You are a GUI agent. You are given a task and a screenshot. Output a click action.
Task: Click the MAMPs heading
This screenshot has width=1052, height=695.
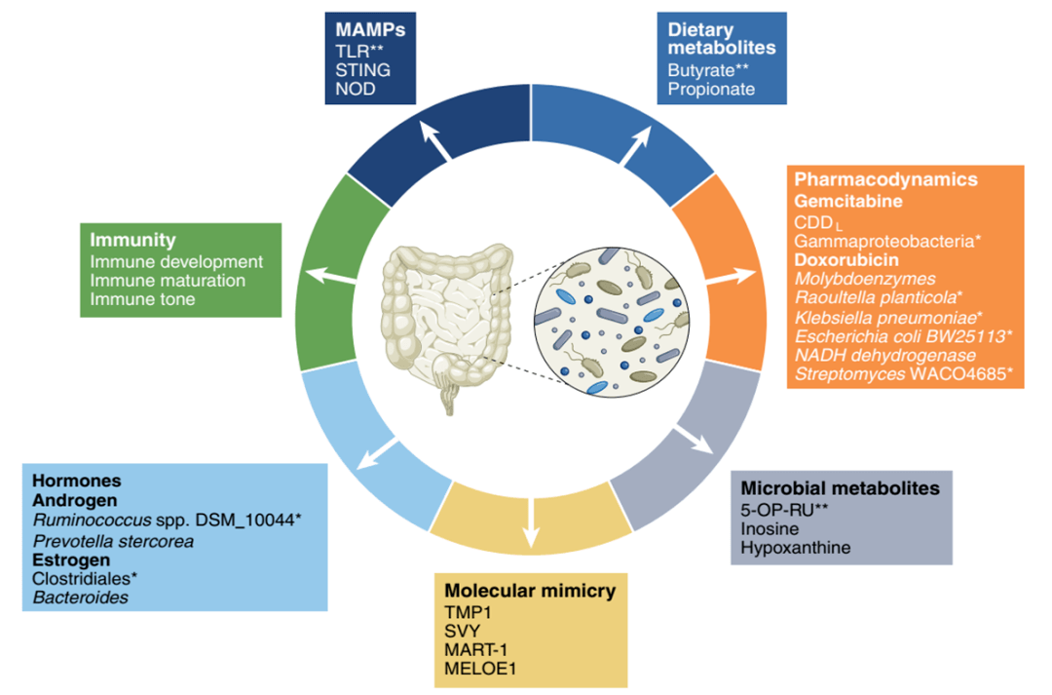pyautogui.click(x=370, y=30)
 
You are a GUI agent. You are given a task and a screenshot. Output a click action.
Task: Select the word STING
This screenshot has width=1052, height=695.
pyautogui.click(x=363, y=70)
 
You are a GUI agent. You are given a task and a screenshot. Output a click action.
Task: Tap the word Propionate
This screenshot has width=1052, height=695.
pyautogui.click(x=711, y=90)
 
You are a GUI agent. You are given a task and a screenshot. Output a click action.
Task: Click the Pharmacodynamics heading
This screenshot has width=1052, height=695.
pyautogui.click(x=885, y=179)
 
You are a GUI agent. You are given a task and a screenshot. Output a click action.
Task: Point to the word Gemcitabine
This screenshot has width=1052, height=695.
pyautogui.click(x=848, y=201)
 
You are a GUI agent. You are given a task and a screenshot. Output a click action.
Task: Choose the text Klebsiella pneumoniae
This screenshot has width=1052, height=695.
pyautogui.click(x=885, y=318)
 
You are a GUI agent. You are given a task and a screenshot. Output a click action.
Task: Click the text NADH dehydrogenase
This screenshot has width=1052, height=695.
pyautogui.click(x=885, y=355)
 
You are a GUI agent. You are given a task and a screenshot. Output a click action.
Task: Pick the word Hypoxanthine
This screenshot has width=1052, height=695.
pyautogui.click(x=795, y=548)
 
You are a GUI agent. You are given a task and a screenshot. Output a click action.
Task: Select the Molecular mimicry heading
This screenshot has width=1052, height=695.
pyautogui.click(x=530, y=591)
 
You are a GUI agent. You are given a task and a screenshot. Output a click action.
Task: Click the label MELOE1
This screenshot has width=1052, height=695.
pyautogui.click(x=479, y=669)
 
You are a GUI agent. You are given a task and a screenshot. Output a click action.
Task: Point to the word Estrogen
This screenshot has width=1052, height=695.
pyautogui.click(x=71, y=560)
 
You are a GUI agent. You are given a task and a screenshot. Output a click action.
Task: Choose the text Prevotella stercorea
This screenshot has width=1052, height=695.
pyautogui.click(x=113, y=541)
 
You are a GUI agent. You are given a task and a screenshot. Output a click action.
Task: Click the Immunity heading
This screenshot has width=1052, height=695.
pyautogui.click(x=132, y=241)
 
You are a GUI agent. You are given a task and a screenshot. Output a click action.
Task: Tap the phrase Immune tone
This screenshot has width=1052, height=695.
pyautogui.click(x=143, y=299)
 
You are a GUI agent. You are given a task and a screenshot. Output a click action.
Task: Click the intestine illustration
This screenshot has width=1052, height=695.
pyautogui.click(x=447, y=326)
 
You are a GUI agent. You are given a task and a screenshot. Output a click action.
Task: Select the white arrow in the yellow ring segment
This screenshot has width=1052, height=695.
pyautogui.click(x=532, y=522)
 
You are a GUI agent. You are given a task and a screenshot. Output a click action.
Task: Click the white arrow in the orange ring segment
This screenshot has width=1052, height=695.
pyautogui.click(x=732, y=277)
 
